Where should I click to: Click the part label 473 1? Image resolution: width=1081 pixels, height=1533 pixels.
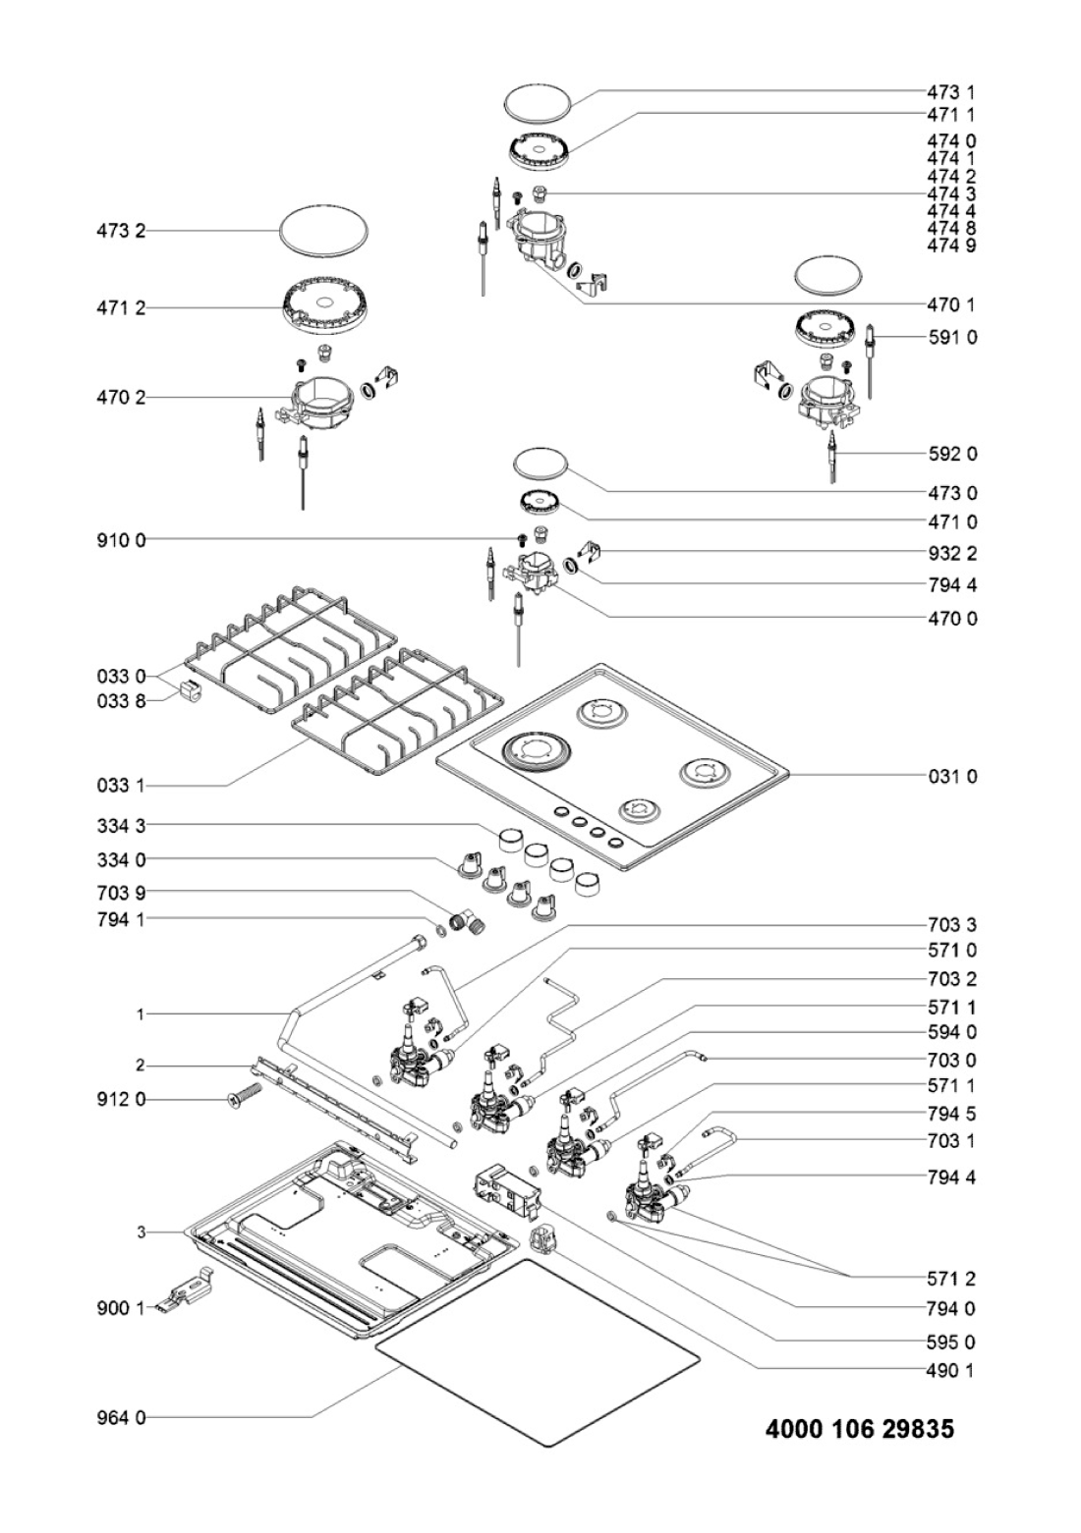point(950,92)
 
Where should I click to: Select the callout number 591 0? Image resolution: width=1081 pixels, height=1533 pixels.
point(952,337)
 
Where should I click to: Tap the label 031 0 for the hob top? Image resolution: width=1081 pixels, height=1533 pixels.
point(952,776)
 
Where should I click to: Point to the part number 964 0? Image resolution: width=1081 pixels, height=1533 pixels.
point(121,1417)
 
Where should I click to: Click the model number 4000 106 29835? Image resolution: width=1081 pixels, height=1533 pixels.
point(859,1429)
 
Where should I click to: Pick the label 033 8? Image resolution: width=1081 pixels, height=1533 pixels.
point(121,701)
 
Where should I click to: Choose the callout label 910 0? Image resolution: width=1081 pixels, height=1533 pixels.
point(121,539)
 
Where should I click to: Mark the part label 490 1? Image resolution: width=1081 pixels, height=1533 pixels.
point(950,1370)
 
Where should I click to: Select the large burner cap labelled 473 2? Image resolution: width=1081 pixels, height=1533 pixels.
point(324,233)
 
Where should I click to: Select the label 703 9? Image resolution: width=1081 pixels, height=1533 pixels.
point(121,893)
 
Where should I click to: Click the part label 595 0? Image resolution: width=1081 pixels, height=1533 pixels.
point(950,1341)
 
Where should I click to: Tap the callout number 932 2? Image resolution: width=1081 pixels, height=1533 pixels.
point(952,553)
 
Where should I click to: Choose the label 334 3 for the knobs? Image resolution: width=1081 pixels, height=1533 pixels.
point(121,826)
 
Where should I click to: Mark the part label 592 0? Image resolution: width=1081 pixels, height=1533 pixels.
point(952,454)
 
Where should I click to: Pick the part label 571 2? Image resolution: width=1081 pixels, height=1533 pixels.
point(950,1279)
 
